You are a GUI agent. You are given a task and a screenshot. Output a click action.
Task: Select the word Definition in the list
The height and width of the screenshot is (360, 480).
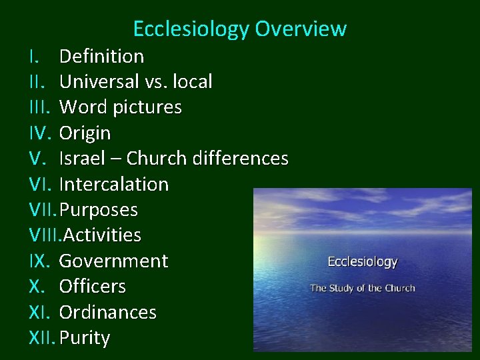(x=101, y=56)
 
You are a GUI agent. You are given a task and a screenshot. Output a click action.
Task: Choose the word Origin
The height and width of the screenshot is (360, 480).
(x=85, y=133)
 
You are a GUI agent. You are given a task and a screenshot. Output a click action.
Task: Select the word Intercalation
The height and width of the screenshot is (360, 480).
(x=114, y=184)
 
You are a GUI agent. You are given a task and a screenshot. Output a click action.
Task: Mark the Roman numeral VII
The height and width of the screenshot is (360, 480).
(x=43, y=210)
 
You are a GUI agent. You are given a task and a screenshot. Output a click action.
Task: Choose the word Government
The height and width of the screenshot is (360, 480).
(x=113, y=261)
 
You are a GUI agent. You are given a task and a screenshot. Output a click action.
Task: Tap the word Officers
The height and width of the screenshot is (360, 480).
(x=92, y=287)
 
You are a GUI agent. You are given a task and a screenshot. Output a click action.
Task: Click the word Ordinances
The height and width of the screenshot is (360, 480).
(x=108, y=312)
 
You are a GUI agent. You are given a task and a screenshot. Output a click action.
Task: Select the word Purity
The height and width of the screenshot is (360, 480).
(x=84, y=338)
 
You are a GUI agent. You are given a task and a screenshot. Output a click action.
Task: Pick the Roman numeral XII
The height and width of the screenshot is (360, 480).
(x=42, y=338)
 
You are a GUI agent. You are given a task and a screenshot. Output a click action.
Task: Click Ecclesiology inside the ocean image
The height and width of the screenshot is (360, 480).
(x=362, y=262)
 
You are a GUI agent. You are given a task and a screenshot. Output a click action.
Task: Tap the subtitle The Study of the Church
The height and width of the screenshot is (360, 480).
(x=362, y=289)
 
